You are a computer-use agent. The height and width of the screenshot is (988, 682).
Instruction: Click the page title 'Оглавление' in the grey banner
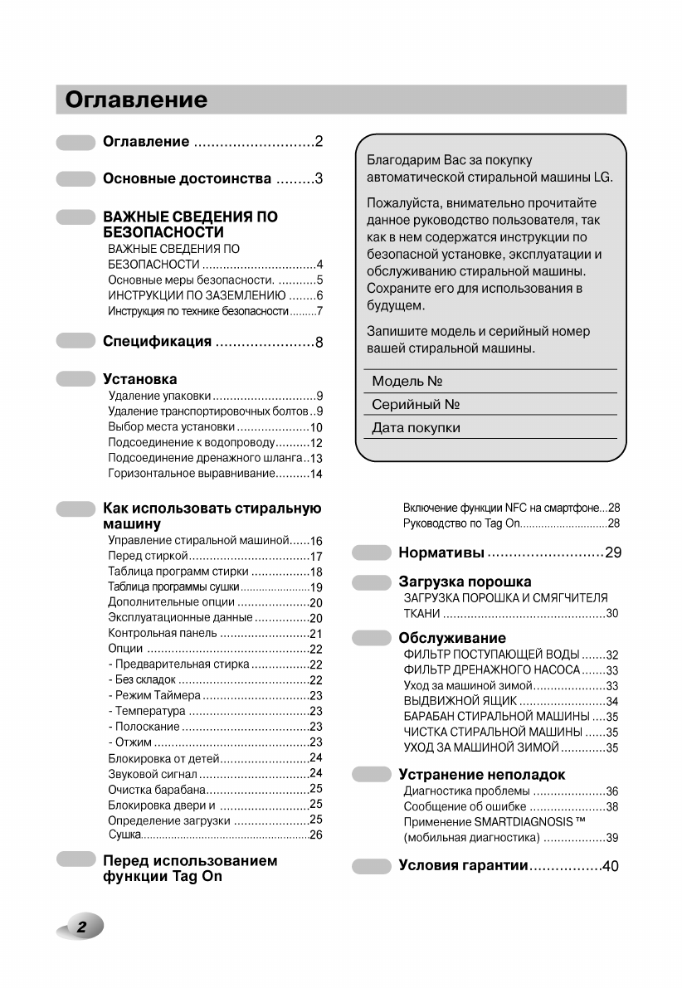coord(137,100)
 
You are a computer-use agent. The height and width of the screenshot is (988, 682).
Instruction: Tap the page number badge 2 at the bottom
coord(82,927)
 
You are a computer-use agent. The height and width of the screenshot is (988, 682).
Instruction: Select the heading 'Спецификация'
coord(157,342)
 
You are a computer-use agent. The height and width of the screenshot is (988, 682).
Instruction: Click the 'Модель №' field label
coord(407,382)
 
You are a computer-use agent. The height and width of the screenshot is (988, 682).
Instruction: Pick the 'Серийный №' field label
coord(416,405)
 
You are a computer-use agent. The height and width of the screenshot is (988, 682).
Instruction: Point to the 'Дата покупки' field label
coord(416,428)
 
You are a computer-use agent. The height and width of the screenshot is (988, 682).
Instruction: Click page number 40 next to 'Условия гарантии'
coord(611,867)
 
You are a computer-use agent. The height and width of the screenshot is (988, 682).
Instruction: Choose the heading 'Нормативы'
coord(441,552)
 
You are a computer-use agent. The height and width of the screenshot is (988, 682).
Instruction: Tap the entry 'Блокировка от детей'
coord(163,758)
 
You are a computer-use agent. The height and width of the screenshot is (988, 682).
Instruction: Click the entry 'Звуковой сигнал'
coord(152,773)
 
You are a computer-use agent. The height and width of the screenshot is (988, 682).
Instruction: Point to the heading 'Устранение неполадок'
coord(481,775)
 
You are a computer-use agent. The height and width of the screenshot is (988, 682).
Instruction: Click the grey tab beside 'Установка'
coord(76,379)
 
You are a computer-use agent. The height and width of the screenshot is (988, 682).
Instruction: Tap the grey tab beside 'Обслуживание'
coord(372,638)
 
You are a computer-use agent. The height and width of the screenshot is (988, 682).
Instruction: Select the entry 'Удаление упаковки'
coord(159,396)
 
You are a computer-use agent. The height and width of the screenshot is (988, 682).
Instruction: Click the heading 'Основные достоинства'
coord(187,179)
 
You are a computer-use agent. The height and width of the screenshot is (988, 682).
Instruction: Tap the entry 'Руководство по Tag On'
coord(460,523)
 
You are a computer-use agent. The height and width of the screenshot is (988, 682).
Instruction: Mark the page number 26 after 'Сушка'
coord(315,835)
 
